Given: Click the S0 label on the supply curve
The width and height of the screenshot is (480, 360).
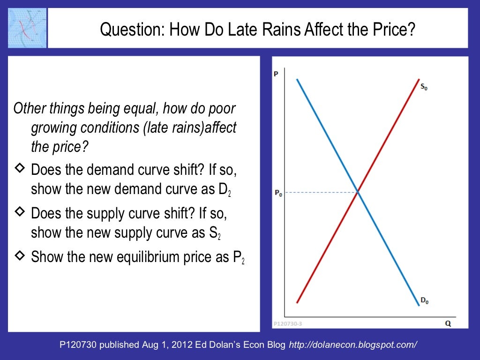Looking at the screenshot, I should pyautogui.click(x=423, y=87).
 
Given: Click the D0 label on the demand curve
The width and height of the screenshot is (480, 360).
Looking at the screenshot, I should pyautogui.click(x=424, y=301).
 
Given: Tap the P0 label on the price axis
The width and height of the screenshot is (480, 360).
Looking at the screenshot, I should pyautogui.click(x=278, y=193).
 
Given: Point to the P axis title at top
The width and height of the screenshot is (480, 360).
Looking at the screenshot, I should pyautogui.click(x=276, y=74).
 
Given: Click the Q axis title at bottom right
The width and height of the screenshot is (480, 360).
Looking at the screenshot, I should pyautogui.click(x=448, y=323).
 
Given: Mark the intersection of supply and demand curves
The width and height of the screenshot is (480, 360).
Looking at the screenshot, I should pyautogui.click(x=358, y=192).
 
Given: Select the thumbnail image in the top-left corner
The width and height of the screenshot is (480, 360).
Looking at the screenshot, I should pyautogui.click(x=27, y=28).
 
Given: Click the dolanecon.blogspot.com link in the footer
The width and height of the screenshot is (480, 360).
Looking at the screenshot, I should pyautogui.click(x=353, y=345).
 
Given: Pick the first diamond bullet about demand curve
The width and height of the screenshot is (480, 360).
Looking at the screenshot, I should pyautogui.click(x=20, y=169).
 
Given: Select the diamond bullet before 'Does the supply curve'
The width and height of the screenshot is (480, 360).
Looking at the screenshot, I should pyautogui.click(x=20, y=212).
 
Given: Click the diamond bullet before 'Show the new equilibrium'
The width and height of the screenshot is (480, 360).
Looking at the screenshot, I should pyautogui.click(x=20, y=255).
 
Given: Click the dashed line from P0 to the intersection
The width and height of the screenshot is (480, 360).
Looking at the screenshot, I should pyautogui.click(x=321, y=192).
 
